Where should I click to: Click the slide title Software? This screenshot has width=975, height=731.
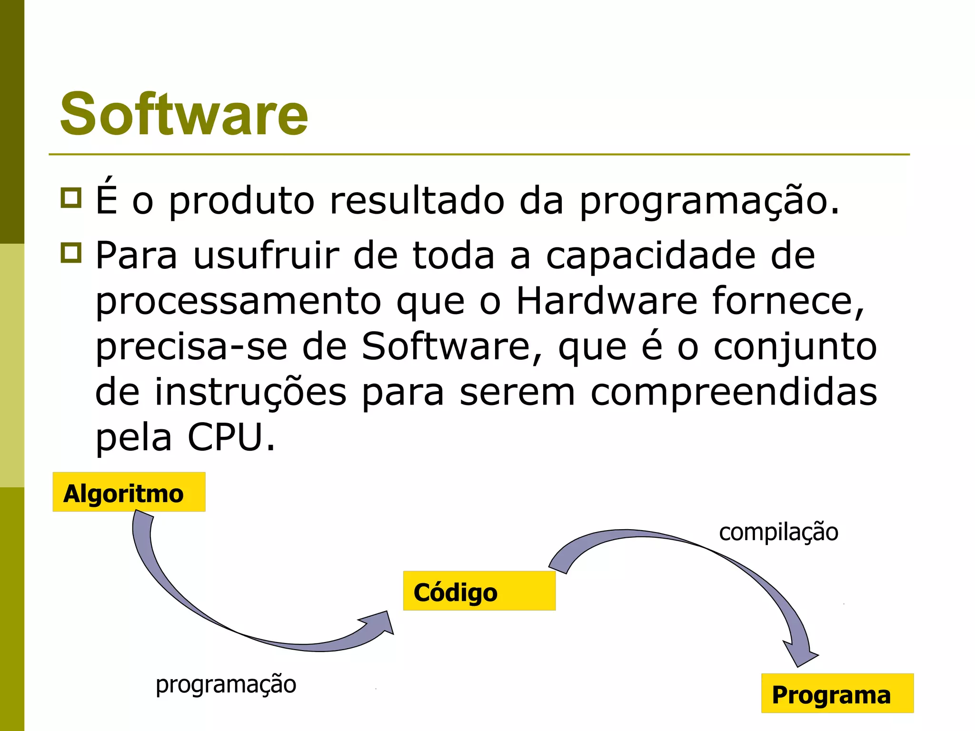[184, 114]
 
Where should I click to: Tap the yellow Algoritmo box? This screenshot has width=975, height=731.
[129, 492]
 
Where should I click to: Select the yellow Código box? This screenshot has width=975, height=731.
[479, 591]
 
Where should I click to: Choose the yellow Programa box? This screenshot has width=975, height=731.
[837, 693]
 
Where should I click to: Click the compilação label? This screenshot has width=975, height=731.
[778, 532]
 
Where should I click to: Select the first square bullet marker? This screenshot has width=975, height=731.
[71, 198]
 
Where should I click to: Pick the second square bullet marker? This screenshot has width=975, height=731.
[71, 253]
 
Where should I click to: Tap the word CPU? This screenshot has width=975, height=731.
[225, 437]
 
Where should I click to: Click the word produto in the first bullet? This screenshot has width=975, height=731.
[241, 201]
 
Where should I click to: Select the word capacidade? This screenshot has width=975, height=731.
[650, 256]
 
